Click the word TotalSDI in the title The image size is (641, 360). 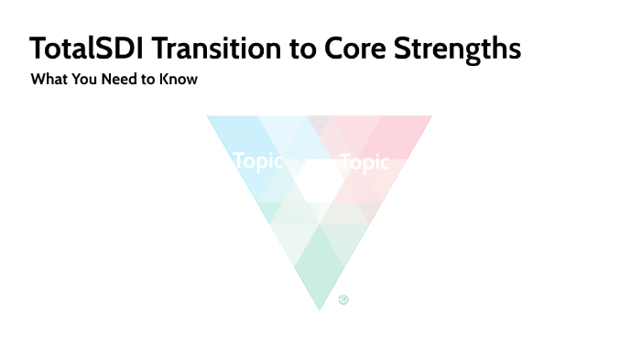tap(85, 49)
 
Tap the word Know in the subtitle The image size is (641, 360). tap(179, 80)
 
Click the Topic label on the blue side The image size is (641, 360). tap(258, 161)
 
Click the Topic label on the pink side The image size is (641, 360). tap(364, 163)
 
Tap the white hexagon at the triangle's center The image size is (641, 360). tap(319, 180)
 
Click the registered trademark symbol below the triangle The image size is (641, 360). tap(343, 299)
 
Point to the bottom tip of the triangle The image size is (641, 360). tap(319, 307)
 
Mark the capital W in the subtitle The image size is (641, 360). tap(38, 80)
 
